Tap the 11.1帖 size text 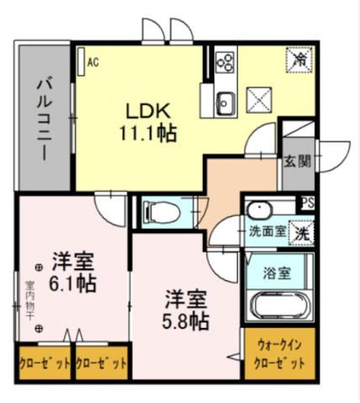pyautogui.click(x=148, y=133)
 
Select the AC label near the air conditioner pyautogui.click(x=93, y=61)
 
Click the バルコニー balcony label pyautogui.click(x=44, y=119)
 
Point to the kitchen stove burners pyautogui.click(x=225, y=61)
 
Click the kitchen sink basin pyautogui.click(x=225, y=103)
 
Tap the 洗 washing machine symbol pyautogui.click(x=299, y=235)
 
